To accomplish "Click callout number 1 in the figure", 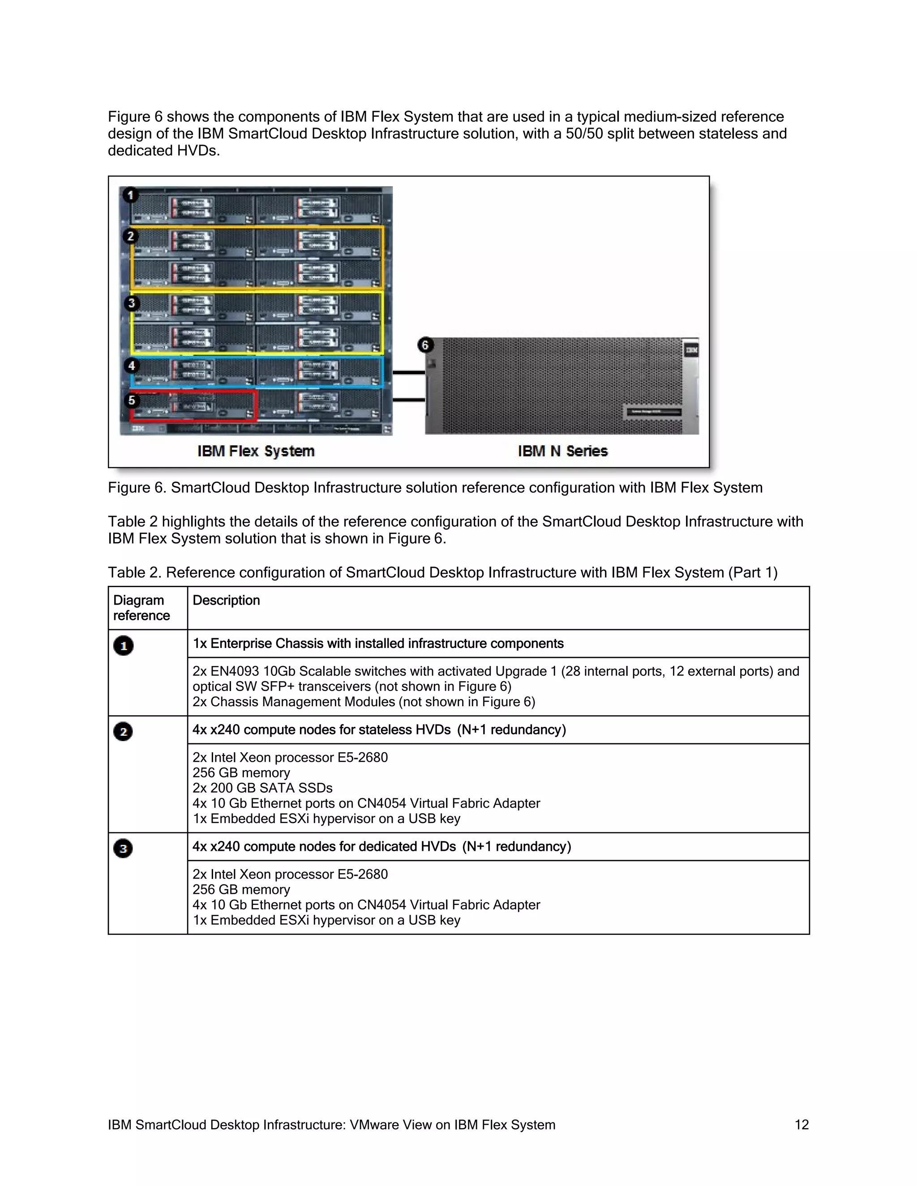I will (x=130, y=195).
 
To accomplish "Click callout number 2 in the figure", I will (x=130, y=236).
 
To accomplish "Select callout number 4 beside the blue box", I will (x=132, y=366).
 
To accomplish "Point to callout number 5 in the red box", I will (x=132, y=401).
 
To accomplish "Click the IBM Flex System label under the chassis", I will (x=256, y=451).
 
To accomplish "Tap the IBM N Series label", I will (x=562, y=451).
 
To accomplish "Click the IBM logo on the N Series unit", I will (x=691, y=350).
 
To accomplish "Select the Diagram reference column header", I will (x=141, y=608).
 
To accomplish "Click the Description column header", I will (x=226, y=600).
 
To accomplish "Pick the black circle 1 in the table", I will (x=123, y=646).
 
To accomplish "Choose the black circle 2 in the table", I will (x=123, y=731).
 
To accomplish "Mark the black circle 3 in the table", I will (x=123, y=848).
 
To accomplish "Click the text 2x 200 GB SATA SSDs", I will (x=262, y=788).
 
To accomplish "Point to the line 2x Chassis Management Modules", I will (x=364, y=702).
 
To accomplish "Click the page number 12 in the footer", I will (x=801, y=1125).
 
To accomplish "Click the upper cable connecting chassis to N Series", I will (x=408, y=372).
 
